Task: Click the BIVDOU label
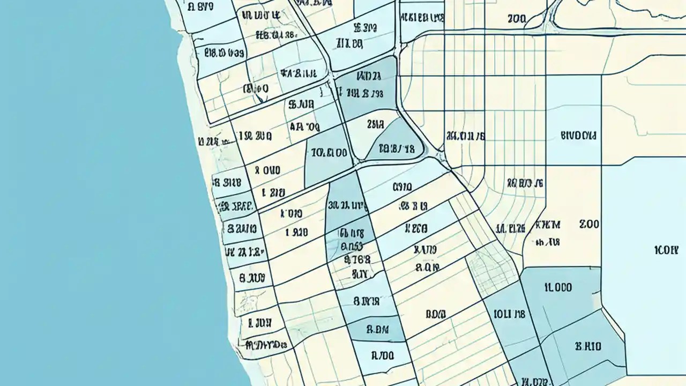[x=578, y=135]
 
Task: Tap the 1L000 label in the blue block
[x=558, y=287]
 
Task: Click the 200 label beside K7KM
[x=589, y=225]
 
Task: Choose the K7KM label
[x=547, y=225]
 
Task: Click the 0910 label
[x=402, y=187]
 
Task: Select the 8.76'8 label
[x=358, y=259]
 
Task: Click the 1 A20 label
[x=296, y=233]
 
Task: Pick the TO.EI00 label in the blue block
[x=329, y=153]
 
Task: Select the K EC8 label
[x=416, y=229]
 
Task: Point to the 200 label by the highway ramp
[x=516, y=19]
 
